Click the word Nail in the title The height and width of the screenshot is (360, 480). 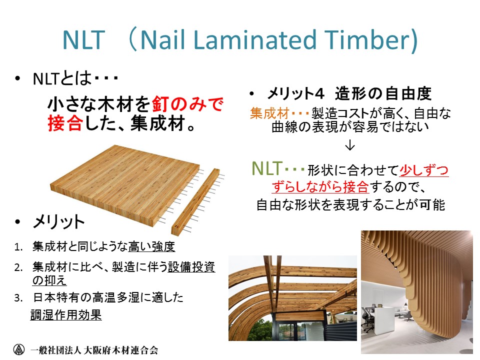point(162,40)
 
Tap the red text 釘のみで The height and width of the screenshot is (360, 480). point(187,104)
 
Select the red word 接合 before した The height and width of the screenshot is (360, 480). point(65,123)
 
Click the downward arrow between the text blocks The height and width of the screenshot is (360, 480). point(349,145)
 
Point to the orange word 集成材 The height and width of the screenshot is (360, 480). point(269,113)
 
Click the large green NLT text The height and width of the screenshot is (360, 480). point(266,168)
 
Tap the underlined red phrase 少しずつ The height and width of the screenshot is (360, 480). point(424,170)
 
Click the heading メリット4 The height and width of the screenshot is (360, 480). point(295,93)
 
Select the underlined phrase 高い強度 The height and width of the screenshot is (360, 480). point(151,246)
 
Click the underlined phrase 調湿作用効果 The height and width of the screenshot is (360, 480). point(66,314)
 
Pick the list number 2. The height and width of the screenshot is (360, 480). point(18,267)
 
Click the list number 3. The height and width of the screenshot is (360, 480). point(18,298)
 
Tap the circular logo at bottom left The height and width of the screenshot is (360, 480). point(19,349)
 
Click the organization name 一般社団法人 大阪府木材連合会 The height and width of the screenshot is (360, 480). point(94,350)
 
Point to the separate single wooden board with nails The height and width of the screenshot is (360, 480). point(196,201)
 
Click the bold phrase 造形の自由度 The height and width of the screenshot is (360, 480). point(383,93)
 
